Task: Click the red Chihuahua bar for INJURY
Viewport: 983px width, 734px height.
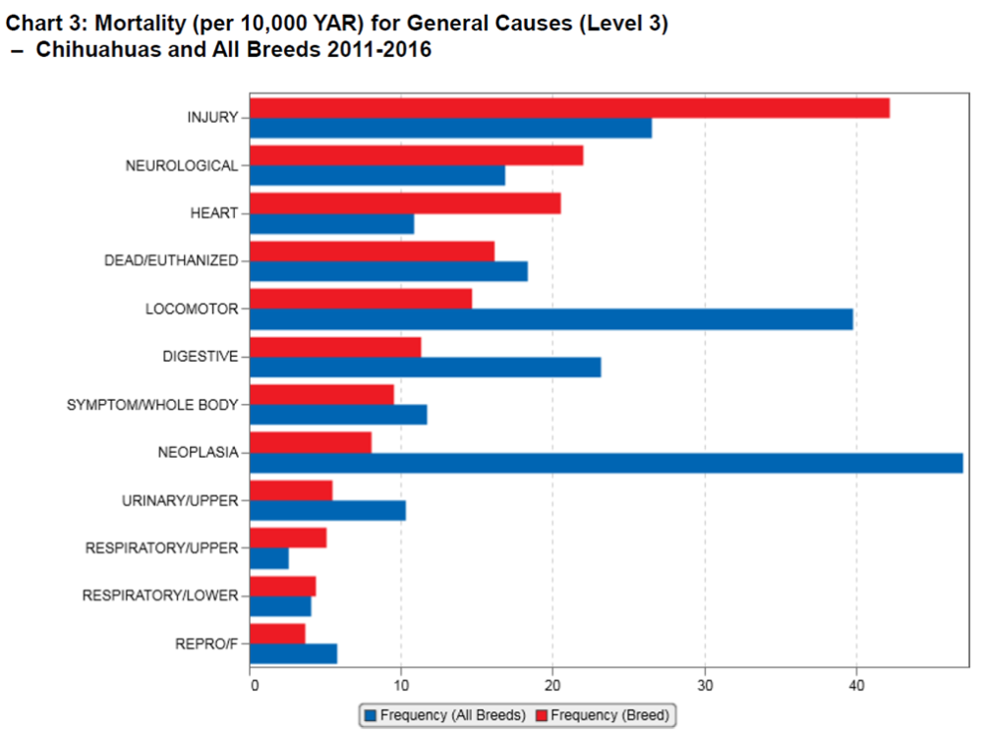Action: point(569,108)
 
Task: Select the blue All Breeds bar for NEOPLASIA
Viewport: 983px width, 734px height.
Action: point(606,463)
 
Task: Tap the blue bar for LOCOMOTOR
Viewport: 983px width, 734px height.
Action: point(550,319)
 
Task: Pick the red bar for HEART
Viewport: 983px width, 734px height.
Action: point(405,203)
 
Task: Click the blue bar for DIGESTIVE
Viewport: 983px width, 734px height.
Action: point(425,367)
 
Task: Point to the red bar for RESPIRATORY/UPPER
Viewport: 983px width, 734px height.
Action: point(288,537)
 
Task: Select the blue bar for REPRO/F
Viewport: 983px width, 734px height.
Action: point(293,653)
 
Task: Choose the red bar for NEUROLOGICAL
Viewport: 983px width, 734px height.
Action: point(416,155)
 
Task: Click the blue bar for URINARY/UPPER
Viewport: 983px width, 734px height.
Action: point(327,510)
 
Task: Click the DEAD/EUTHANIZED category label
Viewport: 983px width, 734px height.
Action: point(171,260)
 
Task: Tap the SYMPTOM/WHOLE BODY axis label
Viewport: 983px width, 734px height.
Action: point(152,404)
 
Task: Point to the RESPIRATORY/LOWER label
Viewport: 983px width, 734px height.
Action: point(160,595)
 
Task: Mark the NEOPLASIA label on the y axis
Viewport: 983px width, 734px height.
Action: point(198,452)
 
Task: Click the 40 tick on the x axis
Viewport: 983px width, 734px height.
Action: point(856,685)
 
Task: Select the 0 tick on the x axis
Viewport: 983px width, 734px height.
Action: point(253,685)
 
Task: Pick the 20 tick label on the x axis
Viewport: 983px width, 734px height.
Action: point(552,685)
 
